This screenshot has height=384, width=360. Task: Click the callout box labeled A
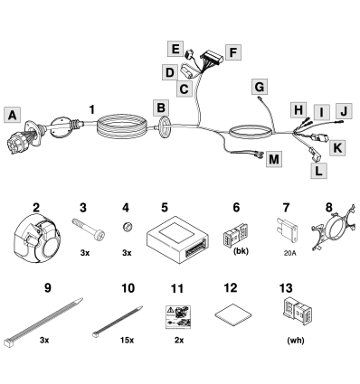(11, 115)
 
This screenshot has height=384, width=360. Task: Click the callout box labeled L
(318, 168)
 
